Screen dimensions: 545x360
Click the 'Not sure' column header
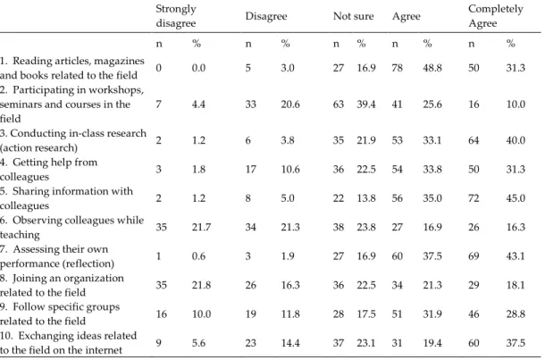(353, 16)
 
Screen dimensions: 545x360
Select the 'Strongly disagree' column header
(176, 16)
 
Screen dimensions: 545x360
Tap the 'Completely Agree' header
(496, 16)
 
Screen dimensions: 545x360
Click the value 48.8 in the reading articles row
(432, 68)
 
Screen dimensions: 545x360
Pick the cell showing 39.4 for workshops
(366, 105)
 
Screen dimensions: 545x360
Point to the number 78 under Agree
(398, 68)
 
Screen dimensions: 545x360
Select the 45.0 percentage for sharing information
(516, 198)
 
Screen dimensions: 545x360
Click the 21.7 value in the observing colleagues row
(201, 227)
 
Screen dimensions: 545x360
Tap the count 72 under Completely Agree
(474, 198)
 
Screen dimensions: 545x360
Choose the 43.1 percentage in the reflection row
(516, 256)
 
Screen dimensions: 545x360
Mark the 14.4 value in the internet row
(290, 343)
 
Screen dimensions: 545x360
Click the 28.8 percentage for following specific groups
(516, 314)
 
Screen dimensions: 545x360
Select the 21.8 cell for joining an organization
(201, 285)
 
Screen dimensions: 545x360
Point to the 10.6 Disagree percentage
(290, 169)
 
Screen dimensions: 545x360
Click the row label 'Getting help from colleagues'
(48, 169)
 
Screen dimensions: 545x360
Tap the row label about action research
(73, 140)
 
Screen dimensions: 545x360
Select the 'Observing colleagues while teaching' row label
(72, 227)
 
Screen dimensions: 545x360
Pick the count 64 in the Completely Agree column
(474, 140)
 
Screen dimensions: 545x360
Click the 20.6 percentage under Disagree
(290, 105)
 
